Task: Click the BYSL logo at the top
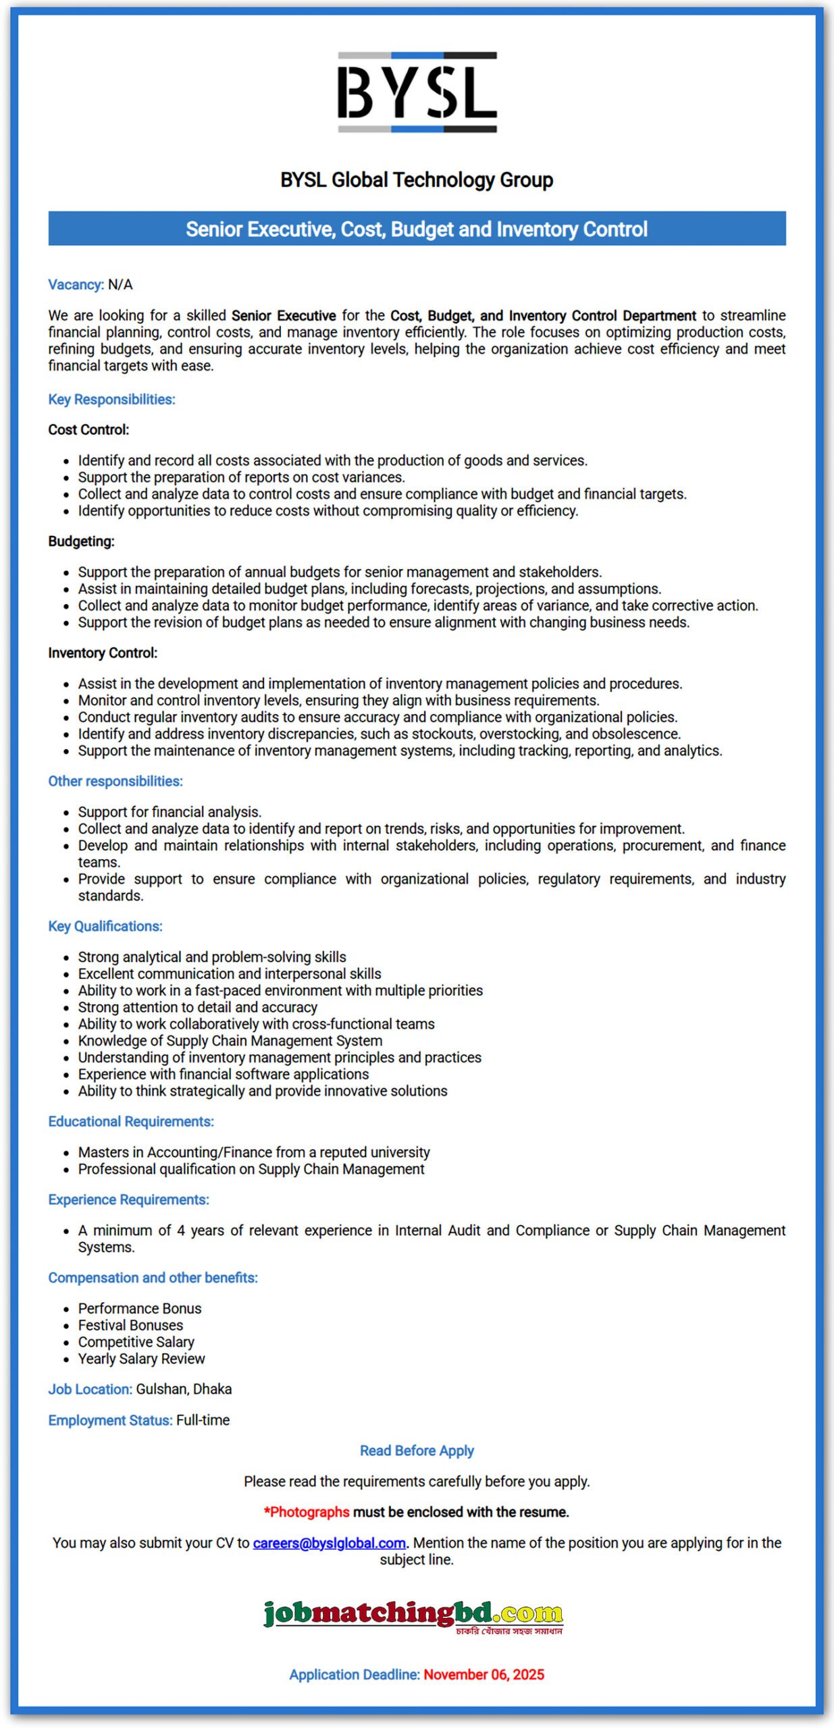(x=417, y=92)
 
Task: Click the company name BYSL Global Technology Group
(x=417, y=180)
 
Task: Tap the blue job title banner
(x=417, y=229)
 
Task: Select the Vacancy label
(x=76, y=285)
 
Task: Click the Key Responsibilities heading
(x=111, y=400)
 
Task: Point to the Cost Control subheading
(x=88, y=430)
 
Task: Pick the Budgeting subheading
(x=81, y=541)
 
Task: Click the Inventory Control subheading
(x=103, y=653)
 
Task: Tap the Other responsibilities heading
(x=115, y=781)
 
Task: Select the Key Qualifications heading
(x=105, y=926)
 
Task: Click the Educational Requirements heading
(x=131, y=1121)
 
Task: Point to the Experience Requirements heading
(x=128, y=1199)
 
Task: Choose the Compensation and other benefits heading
(x=153, y=1278)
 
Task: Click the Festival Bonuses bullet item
(x=130, y=1325)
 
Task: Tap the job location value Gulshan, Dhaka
(x=184, y=1389)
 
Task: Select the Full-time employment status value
(x=203, y=1420)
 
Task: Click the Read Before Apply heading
(x=417, y=1451)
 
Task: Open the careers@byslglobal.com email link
(x=329, y=1543)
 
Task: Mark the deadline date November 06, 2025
(x=484, y=1675)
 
